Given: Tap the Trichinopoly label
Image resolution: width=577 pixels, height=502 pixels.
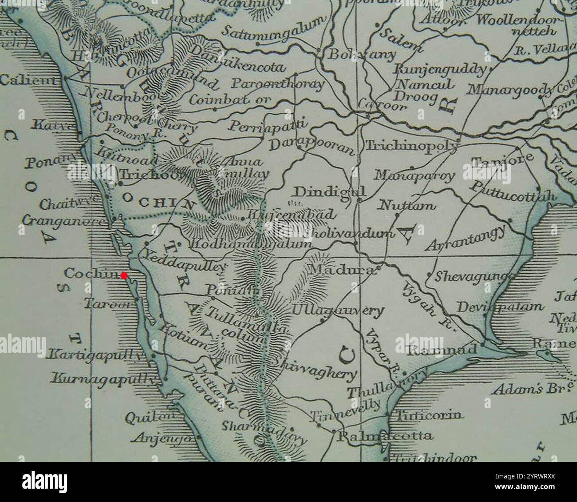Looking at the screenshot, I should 411,146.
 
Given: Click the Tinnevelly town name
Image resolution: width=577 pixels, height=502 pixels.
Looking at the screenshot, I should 346,411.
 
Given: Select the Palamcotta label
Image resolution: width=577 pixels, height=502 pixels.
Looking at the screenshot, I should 385,436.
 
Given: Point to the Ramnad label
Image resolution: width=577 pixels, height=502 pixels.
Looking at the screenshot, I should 442,350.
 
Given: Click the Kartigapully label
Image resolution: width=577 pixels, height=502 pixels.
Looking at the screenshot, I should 97,355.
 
